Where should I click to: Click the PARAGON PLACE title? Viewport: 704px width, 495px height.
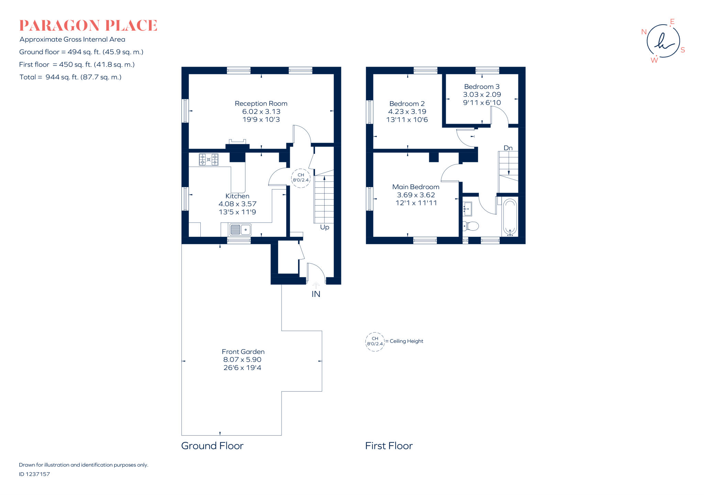point(88,26)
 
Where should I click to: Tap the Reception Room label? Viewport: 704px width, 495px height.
point(261,103)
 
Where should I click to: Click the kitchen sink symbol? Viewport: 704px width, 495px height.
point(240,229)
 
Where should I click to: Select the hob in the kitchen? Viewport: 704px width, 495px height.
point(208,160)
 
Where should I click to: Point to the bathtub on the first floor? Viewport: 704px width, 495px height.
point(510,217)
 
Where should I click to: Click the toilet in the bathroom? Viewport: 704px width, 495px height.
point(471,226)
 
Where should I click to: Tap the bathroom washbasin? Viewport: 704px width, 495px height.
point(467,209)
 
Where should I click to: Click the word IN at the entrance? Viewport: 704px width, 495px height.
point(316,294)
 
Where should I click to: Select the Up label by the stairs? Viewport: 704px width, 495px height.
point(324,227)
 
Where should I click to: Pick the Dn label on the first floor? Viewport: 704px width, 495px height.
point(508,148)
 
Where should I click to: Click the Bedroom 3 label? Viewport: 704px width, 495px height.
point(482,87)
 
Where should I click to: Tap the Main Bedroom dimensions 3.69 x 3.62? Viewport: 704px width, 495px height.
point(416,195)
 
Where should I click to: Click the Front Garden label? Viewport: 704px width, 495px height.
point(243,352)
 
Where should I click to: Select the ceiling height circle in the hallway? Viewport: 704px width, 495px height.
point(300,178)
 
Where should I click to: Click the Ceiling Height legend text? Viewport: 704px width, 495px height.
point(406,341)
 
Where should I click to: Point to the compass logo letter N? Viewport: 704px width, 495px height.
point(644,32)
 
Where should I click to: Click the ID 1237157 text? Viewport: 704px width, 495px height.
point(34,474)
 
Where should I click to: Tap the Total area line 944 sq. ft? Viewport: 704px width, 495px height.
point(70,77)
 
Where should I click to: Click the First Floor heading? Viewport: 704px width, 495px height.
point(388,446)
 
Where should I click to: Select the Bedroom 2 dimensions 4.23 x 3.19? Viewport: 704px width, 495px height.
point(407,112)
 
